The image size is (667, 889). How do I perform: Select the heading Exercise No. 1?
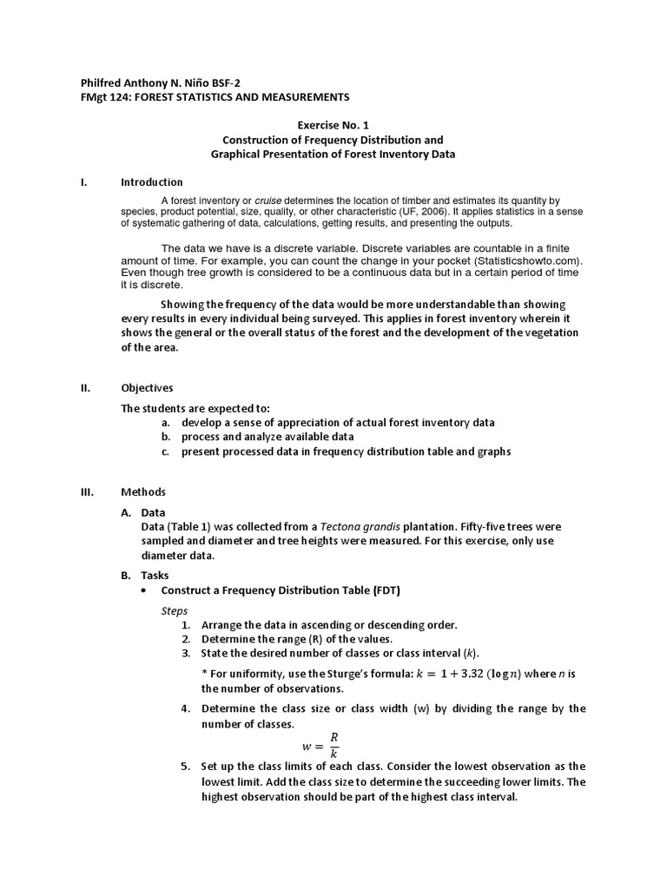click(x=333, y=125)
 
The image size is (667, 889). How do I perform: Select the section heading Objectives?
click(x=147, y=388)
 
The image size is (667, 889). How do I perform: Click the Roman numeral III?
click(x=86, y=491)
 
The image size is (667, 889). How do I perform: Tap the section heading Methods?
click(x=143, y=491)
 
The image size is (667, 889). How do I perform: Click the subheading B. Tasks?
click(x=145, y=575)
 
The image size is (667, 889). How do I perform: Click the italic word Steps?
click(x=175, y=610)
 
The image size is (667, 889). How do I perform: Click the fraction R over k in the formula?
click(x=333, y=745)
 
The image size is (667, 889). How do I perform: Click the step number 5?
click(x=185, y=767)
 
